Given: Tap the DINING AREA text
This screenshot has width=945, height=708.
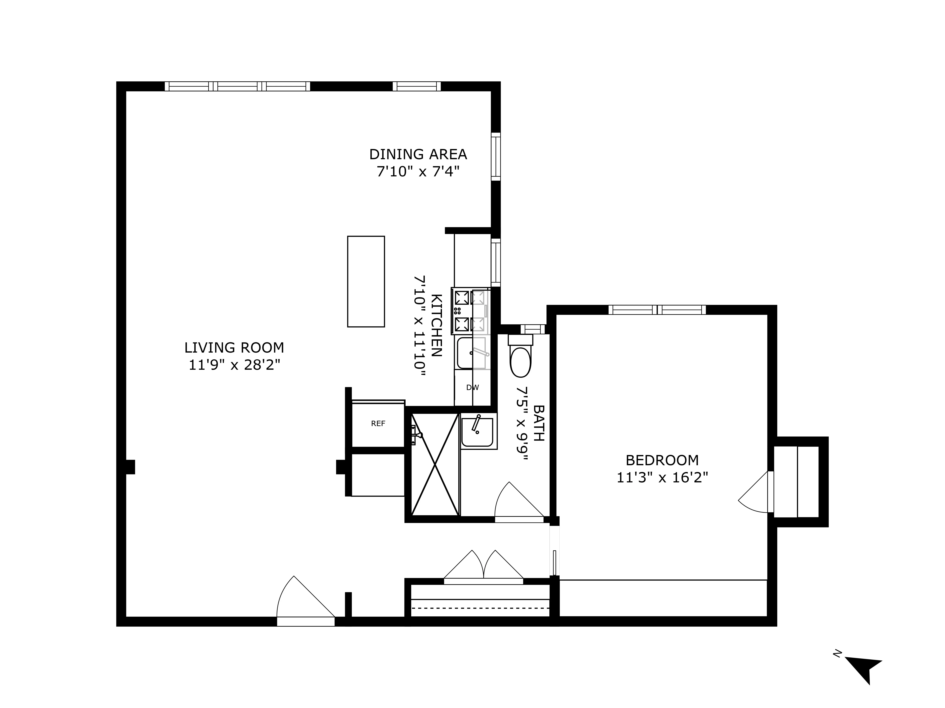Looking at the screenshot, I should tap(418, 154).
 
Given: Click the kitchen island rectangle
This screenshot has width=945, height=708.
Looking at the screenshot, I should tap(366, 282).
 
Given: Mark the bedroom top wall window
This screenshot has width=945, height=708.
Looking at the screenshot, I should tap(657, 310).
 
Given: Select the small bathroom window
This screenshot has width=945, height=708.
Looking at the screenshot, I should tap(533, 329).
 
